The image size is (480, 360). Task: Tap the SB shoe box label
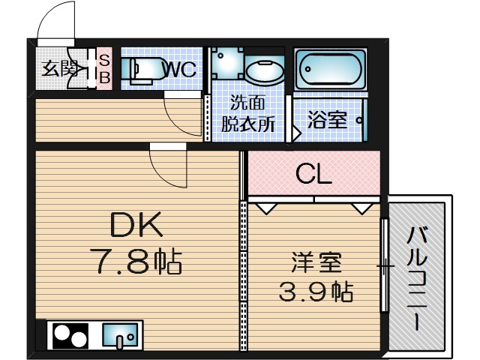pyautogui.click(x=105, y=68)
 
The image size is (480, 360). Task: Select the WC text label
pyautogui.click(x=179, y=70)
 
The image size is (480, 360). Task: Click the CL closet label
pyautogui.click(x=313, y=174)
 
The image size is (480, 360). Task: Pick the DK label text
pyautogui.click(x=136, y=224)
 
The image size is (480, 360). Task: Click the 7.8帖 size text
pyautogui.click(x=136, y=262)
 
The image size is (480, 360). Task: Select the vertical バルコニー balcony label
pyautogui.click(x=416, y=281)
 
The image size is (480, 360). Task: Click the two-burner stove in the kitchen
pyautogui.click(x=70, y=334)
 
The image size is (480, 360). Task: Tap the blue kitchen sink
pyautogui.click(x=120, y=334)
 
